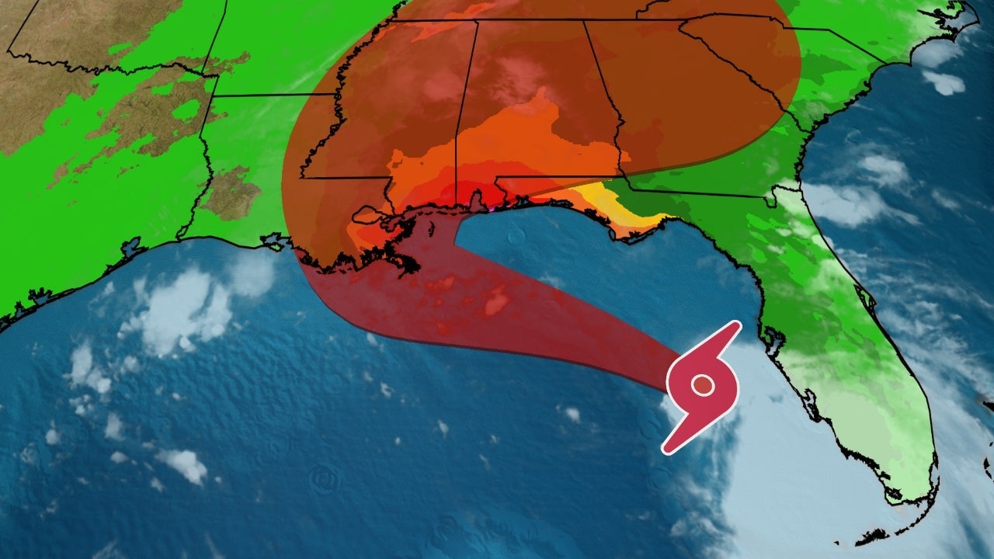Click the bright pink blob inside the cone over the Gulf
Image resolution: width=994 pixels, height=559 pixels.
(x=496, y=302)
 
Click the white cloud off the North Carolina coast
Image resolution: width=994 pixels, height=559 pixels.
(x=944, y=81)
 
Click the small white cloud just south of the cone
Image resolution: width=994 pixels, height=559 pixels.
(x=572, y=415)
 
